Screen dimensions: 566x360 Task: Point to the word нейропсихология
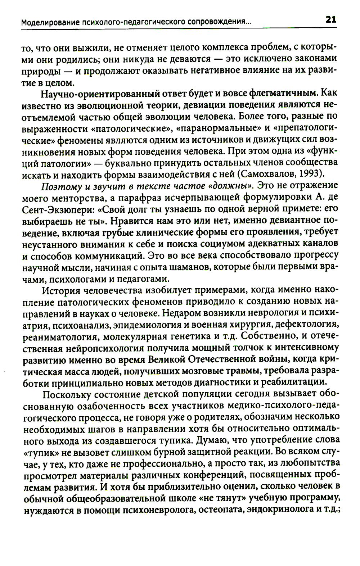106,349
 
